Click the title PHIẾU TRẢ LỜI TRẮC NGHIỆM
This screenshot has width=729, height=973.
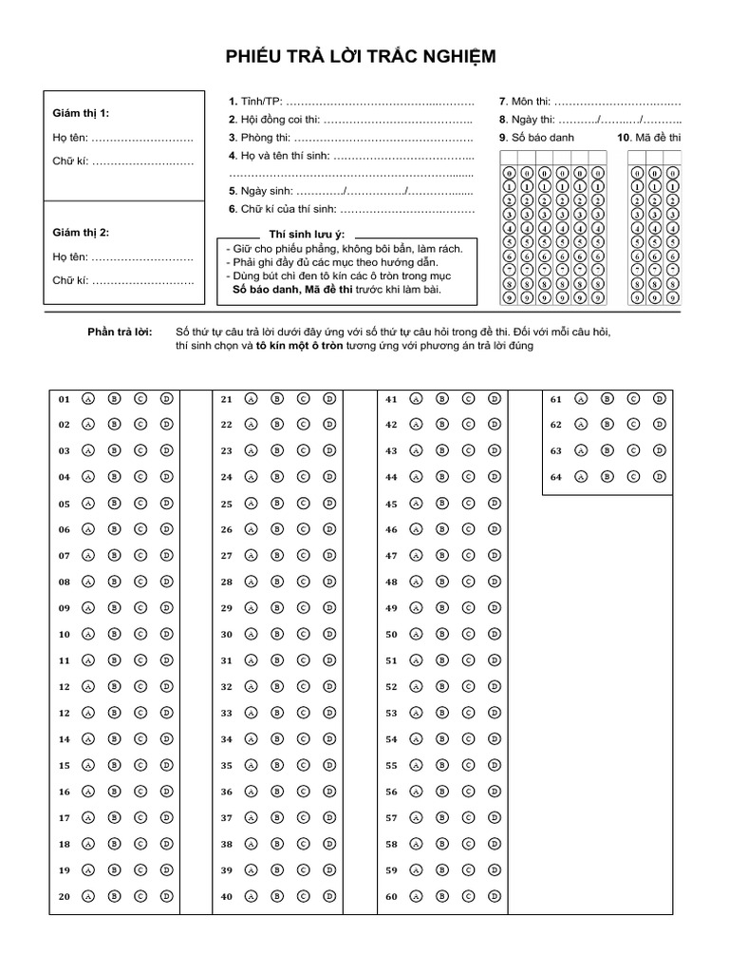coord(361,59)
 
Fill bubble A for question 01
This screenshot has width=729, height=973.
coord(87,399)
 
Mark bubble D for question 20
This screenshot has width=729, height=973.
coord(165,895)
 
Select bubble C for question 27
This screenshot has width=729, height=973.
coord(303,555)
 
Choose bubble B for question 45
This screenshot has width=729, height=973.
coord(441,504)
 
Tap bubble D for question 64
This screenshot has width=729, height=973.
coord(657,477)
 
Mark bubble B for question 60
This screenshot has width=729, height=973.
coord(441,895)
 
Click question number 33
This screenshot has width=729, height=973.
coord(227,712)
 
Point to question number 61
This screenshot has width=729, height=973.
coord(556,400)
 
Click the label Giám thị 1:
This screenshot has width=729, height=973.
coord(81,113)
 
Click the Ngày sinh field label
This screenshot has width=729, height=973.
coord(260,191)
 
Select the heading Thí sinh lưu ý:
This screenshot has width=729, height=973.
coord(307,234)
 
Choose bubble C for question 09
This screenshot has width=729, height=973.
coord(140,607)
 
